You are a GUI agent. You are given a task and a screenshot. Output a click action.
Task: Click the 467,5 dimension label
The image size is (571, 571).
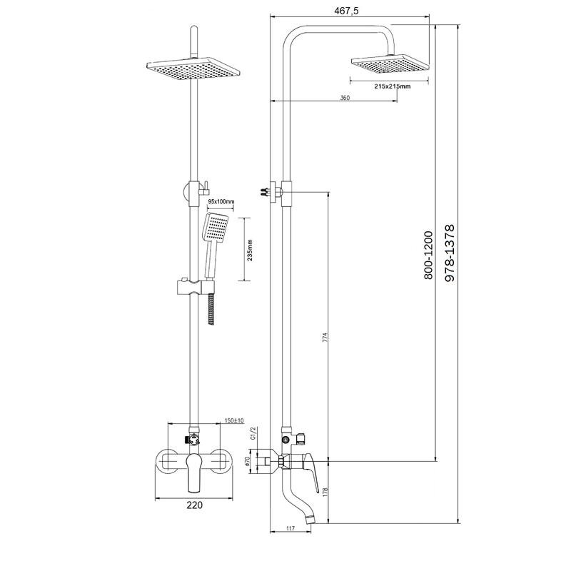click(x=346, y=11)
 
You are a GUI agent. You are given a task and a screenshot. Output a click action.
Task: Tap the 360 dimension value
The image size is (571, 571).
click(x=345, y=98)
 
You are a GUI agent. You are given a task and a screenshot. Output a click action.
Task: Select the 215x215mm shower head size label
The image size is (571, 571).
click(x=392, y=86)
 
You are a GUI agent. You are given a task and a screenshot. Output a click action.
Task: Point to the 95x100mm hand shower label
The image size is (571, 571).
click(x=221, y=201)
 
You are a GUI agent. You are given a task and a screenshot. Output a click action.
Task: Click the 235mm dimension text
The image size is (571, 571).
click(x=250, y=251)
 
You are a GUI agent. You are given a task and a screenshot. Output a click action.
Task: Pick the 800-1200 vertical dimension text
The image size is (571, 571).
click(x=429, y=256)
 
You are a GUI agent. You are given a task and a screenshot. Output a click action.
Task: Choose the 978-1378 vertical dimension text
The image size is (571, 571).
click(x=450, y=253)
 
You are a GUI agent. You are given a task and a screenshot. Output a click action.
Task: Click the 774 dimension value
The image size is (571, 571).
click(x=326, y=337)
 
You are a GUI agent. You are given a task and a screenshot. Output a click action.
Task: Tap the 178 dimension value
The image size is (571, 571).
click(x=326, y=492)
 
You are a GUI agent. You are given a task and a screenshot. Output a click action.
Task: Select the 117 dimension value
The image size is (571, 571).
click(x=290, y=528)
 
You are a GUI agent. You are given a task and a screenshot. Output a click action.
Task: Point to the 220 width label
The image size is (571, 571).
click(x=194, y=505)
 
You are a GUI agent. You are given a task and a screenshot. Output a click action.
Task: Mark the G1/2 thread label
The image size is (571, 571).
click(x=255, y=433)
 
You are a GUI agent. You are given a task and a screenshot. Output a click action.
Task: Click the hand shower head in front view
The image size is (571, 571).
click(x=216, y=227)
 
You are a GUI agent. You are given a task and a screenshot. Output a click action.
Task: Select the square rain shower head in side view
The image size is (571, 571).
click(x=390, y=65)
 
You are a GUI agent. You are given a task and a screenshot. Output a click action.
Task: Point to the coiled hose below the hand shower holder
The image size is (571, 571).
click(x=211, y=309)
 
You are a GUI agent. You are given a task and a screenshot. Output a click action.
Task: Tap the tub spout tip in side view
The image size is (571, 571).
click(x=310, y=520)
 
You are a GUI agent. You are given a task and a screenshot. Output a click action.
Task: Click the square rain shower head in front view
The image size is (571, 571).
click(x=193, y=69)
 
